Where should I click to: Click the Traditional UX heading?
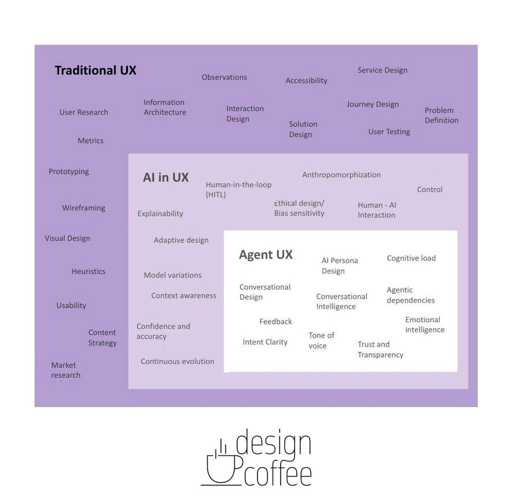pyautogui.click(x=95, y=70)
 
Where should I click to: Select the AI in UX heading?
pyautogui.click(x=165, y=177)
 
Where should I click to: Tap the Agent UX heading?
pyautogui.click(x=265, y=255)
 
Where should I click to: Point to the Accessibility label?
pyautogui.click(x=306, y=80)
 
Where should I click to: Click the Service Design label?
pyautogui.click(x=382, y=70)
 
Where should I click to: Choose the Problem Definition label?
pyautogui.click(x=441, y=115)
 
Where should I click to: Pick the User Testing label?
pyautogui.click(x=389, y=132)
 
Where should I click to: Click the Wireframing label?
pyautogui.click(x=83, y=208)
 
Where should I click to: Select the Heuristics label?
pyautogui.click(x=88, y=272)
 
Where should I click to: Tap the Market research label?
pyautogui.click(x=65, y=370)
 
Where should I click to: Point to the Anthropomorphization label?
pyautogui.click(x=341, y=175)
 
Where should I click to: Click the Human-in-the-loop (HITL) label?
pyautogui.click(x=238, y=190)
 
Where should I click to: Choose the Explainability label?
pyautogui.click(x=160, y=214)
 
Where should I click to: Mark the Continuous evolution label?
pyautogui.click(x=177, y=362)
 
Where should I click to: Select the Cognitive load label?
pyautogui.click(x=411, y=258)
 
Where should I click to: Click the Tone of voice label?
pyautogui.click(x=321, y=340)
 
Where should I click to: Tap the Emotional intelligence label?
pyautogui.click(x=424, y=325)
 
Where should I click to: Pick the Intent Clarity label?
pyautogui.click(x=265, y=342)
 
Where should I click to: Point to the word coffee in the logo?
pyautogui.click(x=278, y=474)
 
